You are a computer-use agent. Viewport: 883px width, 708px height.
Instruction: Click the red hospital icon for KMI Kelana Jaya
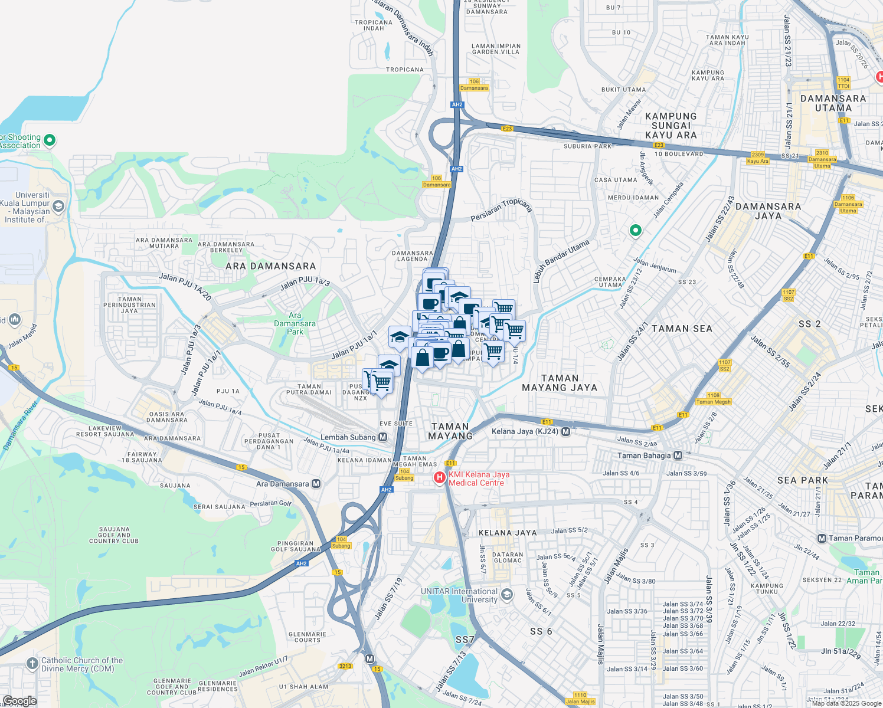click(x=440, y=478)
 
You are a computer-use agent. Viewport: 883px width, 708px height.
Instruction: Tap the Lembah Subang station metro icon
click(x=383, y=437)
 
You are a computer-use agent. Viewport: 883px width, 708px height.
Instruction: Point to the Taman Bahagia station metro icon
click(x=678, y=455)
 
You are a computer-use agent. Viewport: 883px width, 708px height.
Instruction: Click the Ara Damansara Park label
click(x=295, y=323)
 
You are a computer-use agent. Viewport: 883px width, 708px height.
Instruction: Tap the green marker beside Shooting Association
click(x=50, y=140)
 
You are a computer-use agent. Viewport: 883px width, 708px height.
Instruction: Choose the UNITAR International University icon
click(x=506, y=595)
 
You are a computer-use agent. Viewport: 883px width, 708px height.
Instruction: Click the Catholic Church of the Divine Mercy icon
click(x=32, y=664)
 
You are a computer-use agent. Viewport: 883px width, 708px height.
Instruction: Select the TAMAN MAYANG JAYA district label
click(x=560, y=383)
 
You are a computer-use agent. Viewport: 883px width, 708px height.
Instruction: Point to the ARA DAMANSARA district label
click(x=270, y=266)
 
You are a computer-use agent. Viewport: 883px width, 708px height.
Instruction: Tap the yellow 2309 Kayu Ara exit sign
click(x=758, y=158)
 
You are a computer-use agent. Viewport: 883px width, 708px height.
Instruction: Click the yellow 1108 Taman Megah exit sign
click(x=713, y=399)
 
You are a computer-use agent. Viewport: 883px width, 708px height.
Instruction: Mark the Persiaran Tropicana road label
click(x=501, y=210)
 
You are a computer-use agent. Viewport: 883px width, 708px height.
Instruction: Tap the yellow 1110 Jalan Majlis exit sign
click(x=580, y=699)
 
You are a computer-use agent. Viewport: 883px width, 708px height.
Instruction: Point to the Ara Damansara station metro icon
click(x=316, y=484)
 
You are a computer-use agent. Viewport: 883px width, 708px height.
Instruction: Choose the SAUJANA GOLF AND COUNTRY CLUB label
click(x=114, y=535)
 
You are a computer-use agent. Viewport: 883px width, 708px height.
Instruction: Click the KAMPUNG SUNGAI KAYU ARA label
click(x=671, y=126)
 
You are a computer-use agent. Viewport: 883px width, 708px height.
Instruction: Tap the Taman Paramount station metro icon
click(x=822, y=538)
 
